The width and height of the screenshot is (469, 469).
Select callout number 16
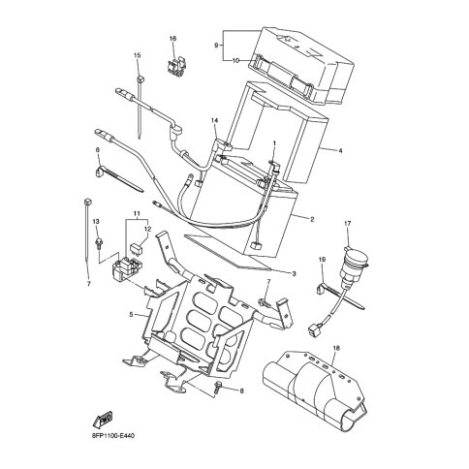173,39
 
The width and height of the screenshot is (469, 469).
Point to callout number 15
137,56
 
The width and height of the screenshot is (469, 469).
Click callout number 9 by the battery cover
217,45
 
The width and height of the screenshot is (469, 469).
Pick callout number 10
235,60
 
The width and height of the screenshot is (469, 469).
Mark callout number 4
340,150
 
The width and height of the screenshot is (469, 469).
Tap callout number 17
346,225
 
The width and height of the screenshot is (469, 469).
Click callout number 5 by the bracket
131,315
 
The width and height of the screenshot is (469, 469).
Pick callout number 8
242,391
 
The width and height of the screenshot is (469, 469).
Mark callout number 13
97,222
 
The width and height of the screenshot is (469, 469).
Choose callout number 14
214,120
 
